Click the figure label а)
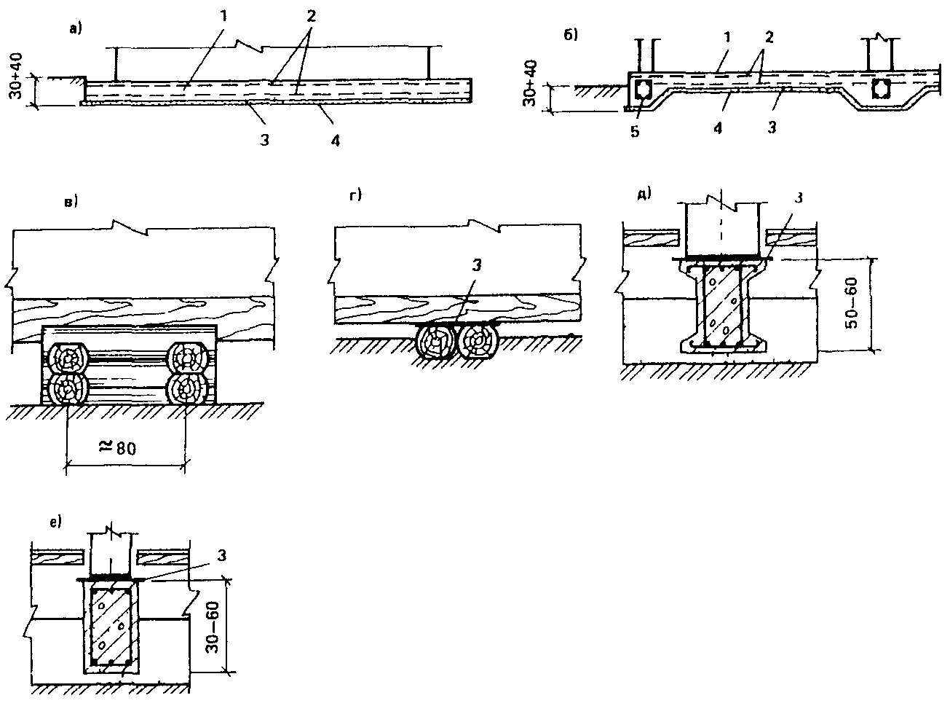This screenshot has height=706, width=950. (x=76, y=30)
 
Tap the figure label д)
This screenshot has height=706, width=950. (x=645, y=195)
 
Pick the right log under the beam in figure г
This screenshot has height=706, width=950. (x=477, y=340)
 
